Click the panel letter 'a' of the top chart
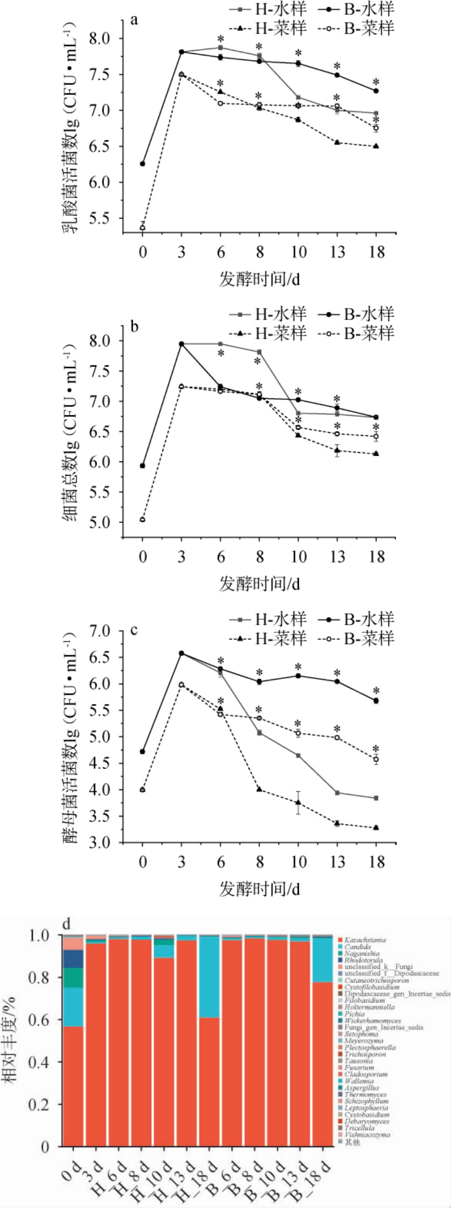134,20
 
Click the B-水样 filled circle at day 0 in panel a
142,164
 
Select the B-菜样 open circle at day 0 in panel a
142,228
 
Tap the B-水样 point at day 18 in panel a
376,91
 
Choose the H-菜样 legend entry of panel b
269,333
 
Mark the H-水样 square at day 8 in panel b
259,352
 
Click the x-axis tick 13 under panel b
337,557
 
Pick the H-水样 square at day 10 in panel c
298,755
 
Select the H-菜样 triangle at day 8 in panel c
259,789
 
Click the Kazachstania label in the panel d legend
365,940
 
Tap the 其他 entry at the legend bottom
352,1142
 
